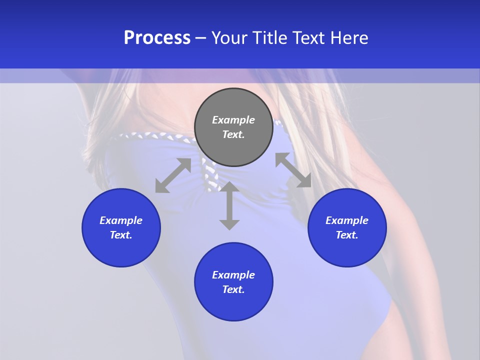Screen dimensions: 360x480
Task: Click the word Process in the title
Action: [157, 38]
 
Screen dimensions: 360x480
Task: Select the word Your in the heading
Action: [230, 38]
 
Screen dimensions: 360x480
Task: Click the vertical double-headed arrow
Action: [229, 205]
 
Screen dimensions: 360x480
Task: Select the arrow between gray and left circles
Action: [173, 175]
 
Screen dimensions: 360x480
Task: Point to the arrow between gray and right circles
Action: [293, 170]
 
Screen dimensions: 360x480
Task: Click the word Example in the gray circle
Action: [233, 120]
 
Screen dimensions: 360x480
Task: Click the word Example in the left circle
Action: [121, 220]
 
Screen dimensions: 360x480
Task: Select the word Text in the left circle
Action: [121, 235]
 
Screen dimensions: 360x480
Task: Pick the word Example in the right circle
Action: [347, 220]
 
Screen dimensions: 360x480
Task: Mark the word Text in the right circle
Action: [347, 235]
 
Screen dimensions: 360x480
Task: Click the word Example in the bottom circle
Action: [233, 275]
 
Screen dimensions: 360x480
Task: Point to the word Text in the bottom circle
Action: [233, 289]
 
